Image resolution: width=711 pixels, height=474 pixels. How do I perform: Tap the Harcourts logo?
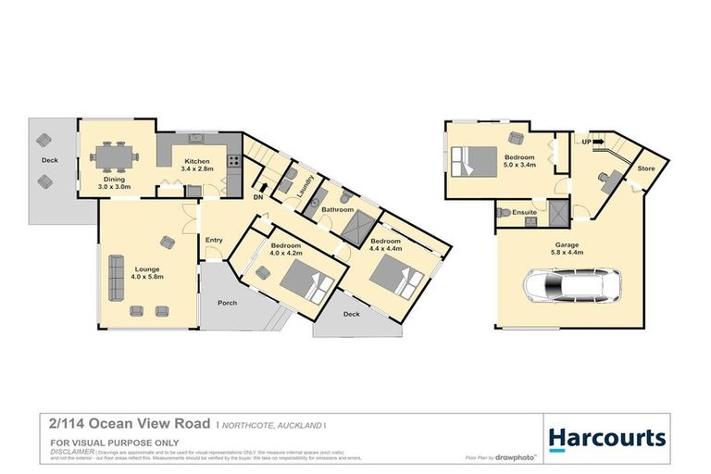[606, 437]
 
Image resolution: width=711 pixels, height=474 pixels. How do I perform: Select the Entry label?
[214, 240]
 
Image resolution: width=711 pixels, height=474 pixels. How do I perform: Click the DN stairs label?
[258, 196]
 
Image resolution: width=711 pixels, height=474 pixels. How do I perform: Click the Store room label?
[645, 168]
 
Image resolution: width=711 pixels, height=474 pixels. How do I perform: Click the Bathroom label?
[338, 209]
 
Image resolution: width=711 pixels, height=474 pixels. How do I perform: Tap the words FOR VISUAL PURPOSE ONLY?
[101, 443]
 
